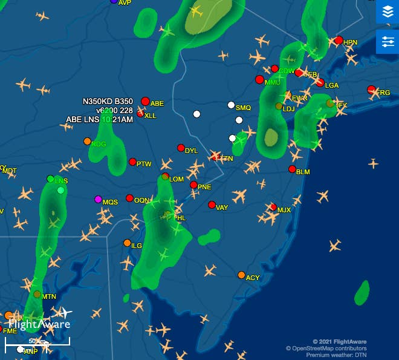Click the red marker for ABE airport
145,101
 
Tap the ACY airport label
253,278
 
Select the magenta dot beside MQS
98,199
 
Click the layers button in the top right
388,11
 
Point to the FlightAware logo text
39,324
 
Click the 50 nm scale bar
37,342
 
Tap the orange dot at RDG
87,141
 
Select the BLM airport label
303,172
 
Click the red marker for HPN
339,41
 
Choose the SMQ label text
243,108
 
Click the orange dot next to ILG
127,243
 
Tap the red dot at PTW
132,162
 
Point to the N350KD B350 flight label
108,101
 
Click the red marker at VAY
212,205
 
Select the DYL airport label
191,151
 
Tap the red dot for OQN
129,198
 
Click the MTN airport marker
37,295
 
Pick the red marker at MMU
259,79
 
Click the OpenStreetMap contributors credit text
326,349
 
